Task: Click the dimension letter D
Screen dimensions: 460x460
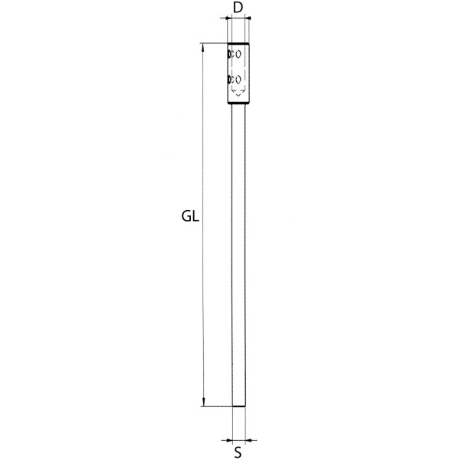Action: (238, 8)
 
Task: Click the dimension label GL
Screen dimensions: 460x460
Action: (190, 216)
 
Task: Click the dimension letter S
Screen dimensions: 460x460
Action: (238, 452)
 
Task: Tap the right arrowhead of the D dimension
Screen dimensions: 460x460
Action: (248, 18)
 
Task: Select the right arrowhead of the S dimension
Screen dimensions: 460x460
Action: (248, 440)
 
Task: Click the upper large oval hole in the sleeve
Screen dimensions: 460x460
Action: (238, 54)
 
